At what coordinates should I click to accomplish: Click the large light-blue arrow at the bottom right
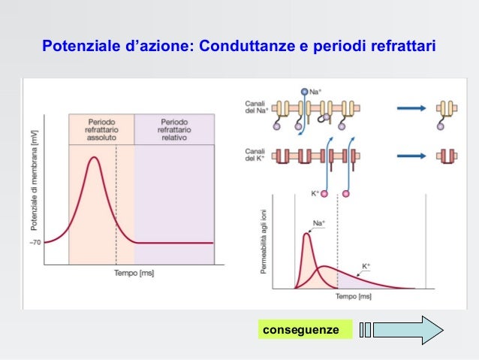click(408, 330)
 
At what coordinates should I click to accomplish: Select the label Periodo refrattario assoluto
click(101, 129)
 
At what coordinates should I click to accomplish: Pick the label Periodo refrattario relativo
click(174, 129)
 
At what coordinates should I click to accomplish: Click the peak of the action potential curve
click(93, 157)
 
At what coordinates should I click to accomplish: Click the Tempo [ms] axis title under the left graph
click(134, 273)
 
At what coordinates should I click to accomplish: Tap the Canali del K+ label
click(254, 156)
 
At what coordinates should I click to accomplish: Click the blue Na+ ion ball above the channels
click(305, 92)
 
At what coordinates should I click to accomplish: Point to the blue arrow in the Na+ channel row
click(413, 108)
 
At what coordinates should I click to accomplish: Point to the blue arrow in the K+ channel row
click(413, 156)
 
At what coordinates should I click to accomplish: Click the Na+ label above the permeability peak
click(318, 223)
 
